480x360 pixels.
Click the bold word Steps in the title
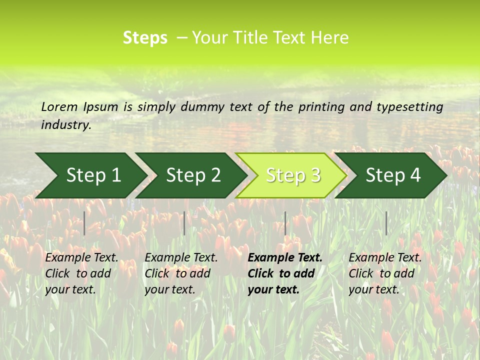pos(145,38)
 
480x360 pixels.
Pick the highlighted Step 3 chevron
pos(292,175)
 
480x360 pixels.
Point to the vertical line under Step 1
pos(84,223)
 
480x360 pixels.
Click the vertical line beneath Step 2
pos(184,223)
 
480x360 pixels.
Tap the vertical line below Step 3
pos(285,223)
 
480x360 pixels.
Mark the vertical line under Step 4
pos(386,223)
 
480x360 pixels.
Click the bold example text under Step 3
pos(284,273)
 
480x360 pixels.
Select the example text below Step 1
pos(81,273)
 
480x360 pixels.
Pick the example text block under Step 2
pos(181,273)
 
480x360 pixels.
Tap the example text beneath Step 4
pos(385,273)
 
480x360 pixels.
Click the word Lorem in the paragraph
pos(59,106)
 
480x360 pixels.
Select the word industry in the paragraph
pos(65,125)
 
